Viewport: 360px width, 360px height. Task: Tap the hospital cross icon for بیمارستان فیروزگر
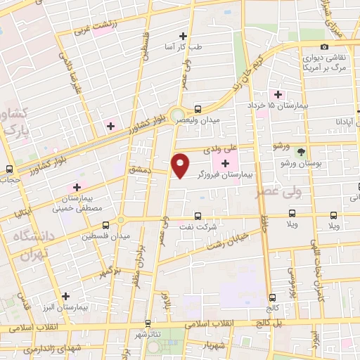click(x=225, y=163)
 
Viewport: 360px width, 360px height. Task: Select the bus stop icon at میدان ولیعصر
click(x=198, y=109)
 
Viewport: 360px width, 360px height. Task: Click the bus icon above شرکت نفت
click(x=198, y=216)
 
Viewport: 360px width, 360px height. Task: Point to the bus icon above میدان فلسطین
click(x=106, y=225)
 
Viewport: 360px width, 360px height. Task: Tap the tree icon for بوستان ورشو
click(x=302, y=152)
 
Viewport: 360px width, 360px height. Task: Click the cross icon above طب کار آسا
click(x=184, y=35)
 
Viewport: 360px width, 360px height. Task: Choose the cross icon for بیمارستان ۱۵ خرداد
click(x=278, y=94)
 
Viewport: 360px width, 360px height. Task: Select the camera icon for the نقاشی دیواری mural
click(x=325, y=46)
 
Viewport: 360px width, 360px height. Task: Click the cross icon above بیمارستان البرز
click(x=65, y=296)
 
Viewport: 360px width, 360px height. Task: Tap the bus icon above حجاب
click(x=9, y=169)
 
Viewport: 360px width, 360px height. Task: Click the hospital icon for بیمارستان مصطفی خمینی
click(x=76, y=187)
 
